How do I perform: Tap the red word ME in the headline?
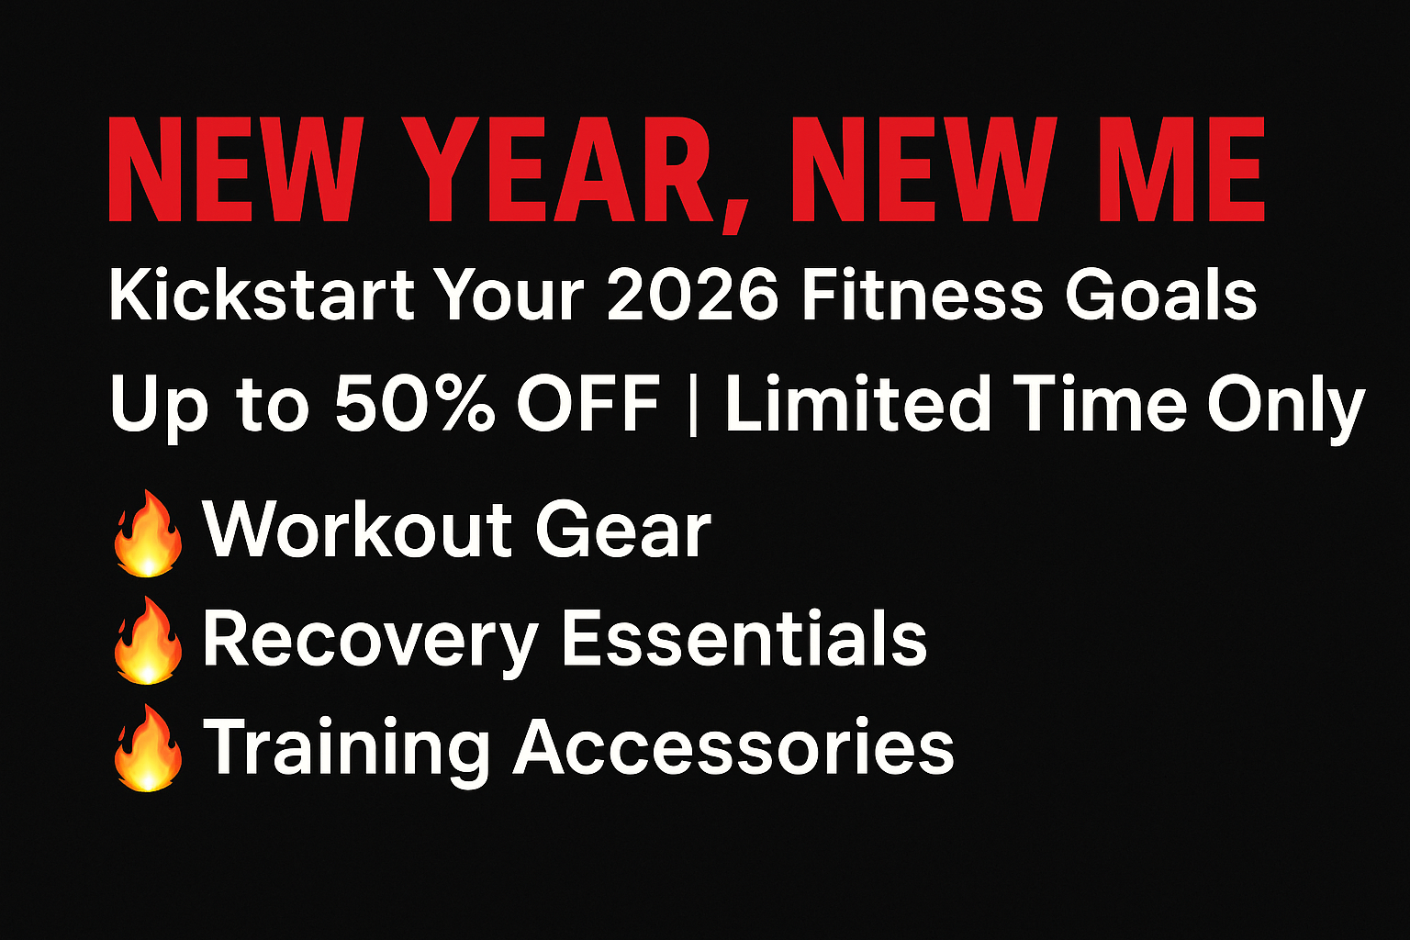pos(1182,169)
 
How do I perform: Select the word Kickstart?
pos(262,295)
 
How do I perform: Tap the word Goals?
pos(1160,295)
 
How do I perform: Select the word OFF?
pos(587,403)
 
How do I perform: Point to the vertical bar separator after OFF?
pos(693,405)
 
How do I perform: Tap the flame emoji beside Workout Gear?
pos(148,533)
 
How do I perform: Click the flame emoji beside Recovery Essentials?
pos(148,641)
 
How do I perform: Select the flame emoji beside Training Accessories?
pos(148,748)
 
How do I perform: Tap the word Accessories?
pos(733,746)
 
